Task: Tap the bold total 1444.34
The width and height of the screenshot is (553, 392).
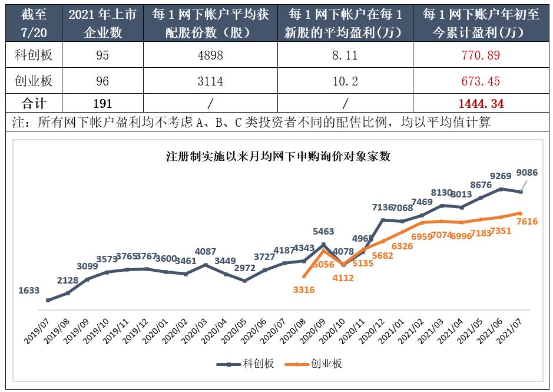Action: click(x=481, y=104)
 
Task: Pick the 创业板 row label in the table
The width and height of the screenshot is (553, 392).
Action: click(x=34, y=80)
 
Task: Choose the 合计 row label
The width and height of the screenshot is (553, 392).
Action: click(x=34, y=104)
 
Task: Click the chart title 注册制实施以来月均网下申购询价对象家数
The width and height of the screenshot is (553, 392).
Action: click(x=278, y=157)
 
